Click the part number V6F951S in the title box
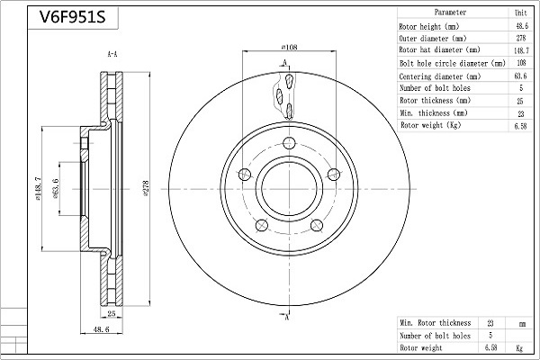tap(72, 16)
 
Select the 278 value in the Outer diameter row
tap(521, 38)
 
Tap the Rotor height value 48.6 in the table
tap(522, 26)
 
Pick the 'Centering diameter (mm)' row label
tap(440, 76)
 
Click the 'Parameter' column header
tap(450, 13)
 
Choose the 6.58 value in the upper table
tap(520, 126)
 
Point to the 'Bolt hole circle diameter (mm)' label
tap(452, 63)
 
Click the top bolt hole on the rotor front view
tap(289, 143)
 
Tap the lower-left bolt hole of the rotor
tap(262, 225)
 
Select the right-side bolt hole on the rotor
tap(333, 175)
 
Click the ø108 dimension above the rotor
tap(289, 47)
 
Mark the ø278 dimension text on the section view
tap(146, 188)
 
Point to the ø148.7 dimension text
tap(38, 188)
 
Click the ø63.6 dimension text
tap(56, 188)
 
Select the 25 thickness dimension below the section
tap(112, 313)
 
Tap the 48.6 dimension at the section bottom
tap(101, 329)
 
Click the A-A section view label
tap(112, 54)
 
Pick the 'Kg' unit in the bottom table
tap(519, 348)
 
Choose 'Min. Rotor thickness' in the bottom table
tap(436, 323)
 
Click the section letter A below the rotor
tap(286, 318)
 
